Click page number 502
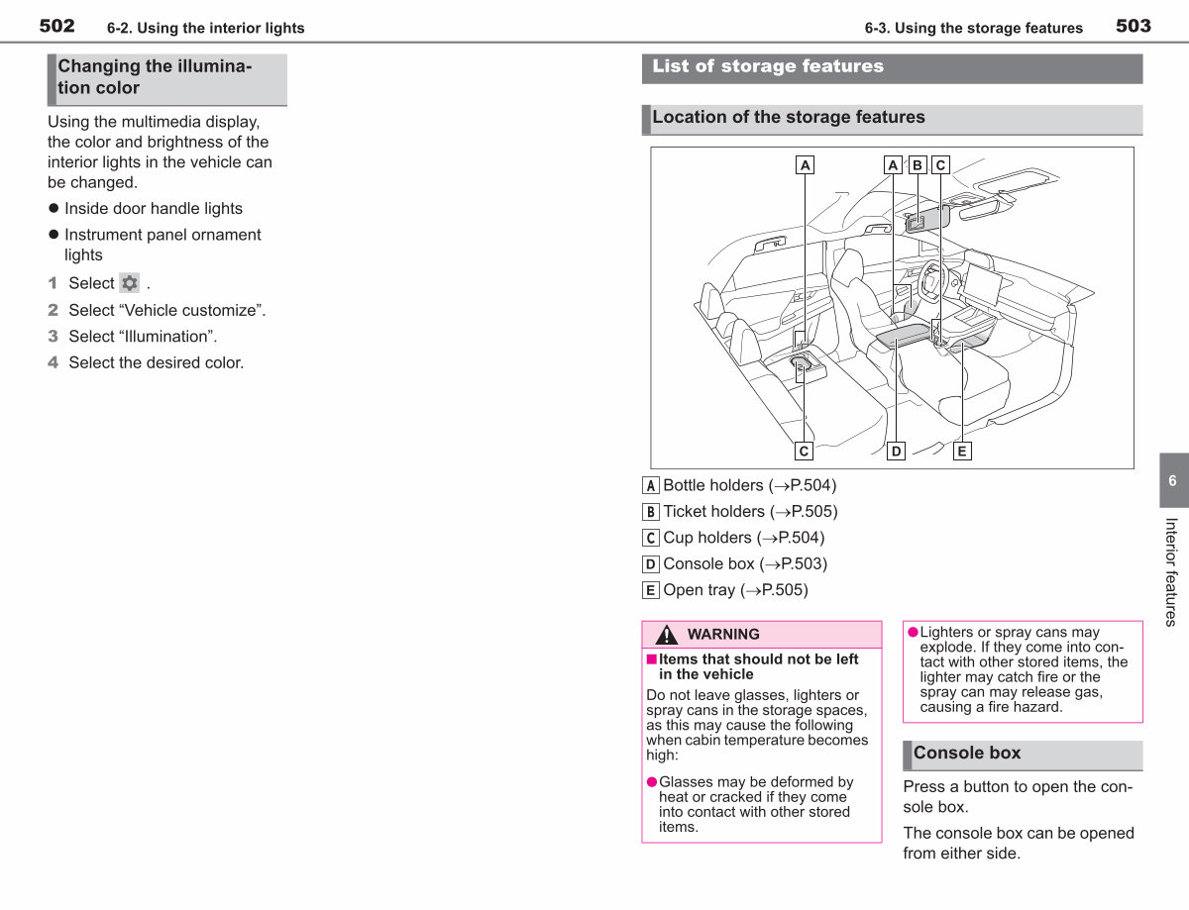click(x=56, y=26)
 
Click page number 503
click(x=1134, y=26)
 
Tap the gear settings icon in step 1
click(x=129, y=283)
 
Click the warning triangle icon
click(x=667, y=635)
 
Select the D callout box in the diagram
click(x=896, y=452)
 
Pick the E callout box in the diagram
click(x=962, y=452)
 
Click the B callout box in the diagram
click(x=918, y=165)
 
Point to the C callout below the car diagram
click(x=804, y=452)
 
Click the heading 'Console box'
click(x=967, y=753)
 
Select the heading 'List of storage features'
click(x=768, y=66)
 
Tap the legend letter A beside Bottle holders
click(x=651, y=485)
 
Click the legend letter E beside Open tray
click(x=651, y=590)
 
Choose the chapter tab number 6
click(x=1172, y=480)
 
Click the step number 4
click(x=53, y=362)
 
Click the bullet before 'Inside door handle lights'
click(x=54, y=208)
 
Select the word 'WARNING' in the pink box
click(x=723, y=634)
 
